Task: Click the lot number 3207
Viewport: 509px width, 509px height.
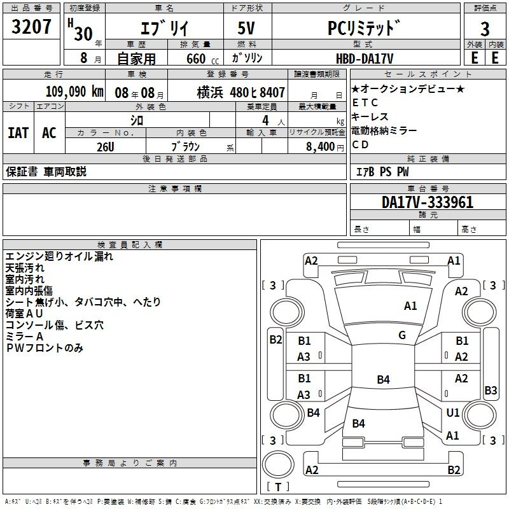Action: [x=32, y=28]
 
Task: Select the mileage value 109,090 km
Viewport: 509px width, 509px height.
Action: [x=74, y=92]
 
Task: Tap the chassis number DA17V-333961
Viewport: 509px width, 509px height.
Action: [x=427, y=202]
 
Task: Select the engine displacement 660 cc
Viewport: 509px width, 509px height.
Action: [x=192, y=59]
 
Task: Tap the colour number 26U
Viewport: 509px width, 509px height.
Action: [x=105, y=146]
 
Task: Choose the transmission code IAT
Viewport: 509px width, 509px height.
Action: [x=18, y=133]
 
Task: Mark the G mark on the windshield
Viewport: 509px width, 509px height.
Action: [x=402, y=335]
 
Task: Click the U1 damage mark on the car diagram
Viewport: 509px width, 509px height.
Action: [x=453, y=413]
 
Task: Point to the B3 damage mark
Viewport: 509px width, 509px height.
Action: [x=491, y=391]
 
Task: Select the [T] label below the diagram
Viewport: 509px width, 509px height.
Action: [x=278, y=487]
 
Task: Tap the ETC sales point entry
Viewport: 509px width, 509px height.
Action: [x=365, y=102]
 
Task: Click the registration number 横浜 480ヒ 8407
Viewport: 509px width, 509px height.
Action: [x=241, y=92]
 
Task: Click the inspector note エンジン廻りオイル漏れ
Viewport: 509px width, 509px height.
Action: [x=59, y=256]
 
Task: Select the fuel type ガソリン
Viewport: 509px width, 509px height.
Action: [x=246, y=58]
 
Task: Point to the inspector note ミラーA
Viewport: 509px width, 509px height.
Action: [x=24, y=337]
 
